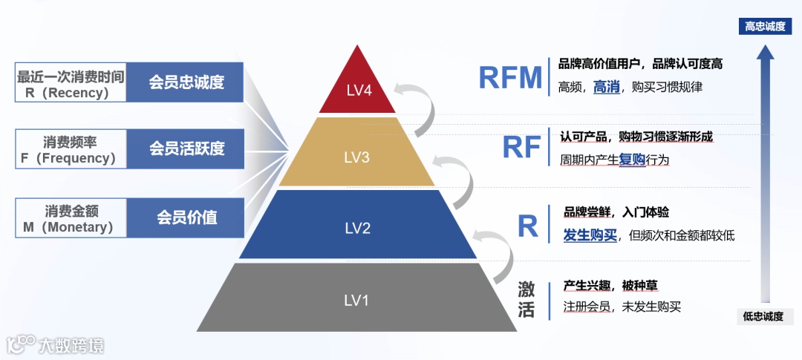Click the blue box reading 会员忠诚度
coord(186,82)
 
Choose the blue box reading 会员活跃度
coord(186,148)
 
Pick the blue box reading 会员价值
coord(186,217)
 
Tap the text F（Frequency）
coord(70,158)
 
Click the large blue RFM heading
coord(511,77)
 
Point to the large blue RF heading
coord(521,147)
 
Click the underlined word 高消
coord(606,87)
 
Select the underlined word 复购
coord(632,159)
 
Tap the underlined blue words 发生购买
coord(590,235)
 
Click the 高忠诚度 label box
coord(765,27)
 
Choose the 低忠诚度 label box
coord(764,316)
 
